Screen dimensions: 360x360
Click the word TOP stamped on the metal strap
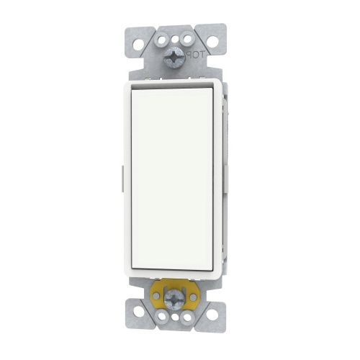point(195,55)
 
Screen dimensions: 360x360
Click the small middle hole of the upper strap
point(176,39)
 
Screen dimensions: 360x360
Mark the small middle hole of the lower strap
point(176,318)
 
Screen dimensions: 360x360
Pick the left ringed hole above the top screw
point(162,39)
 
